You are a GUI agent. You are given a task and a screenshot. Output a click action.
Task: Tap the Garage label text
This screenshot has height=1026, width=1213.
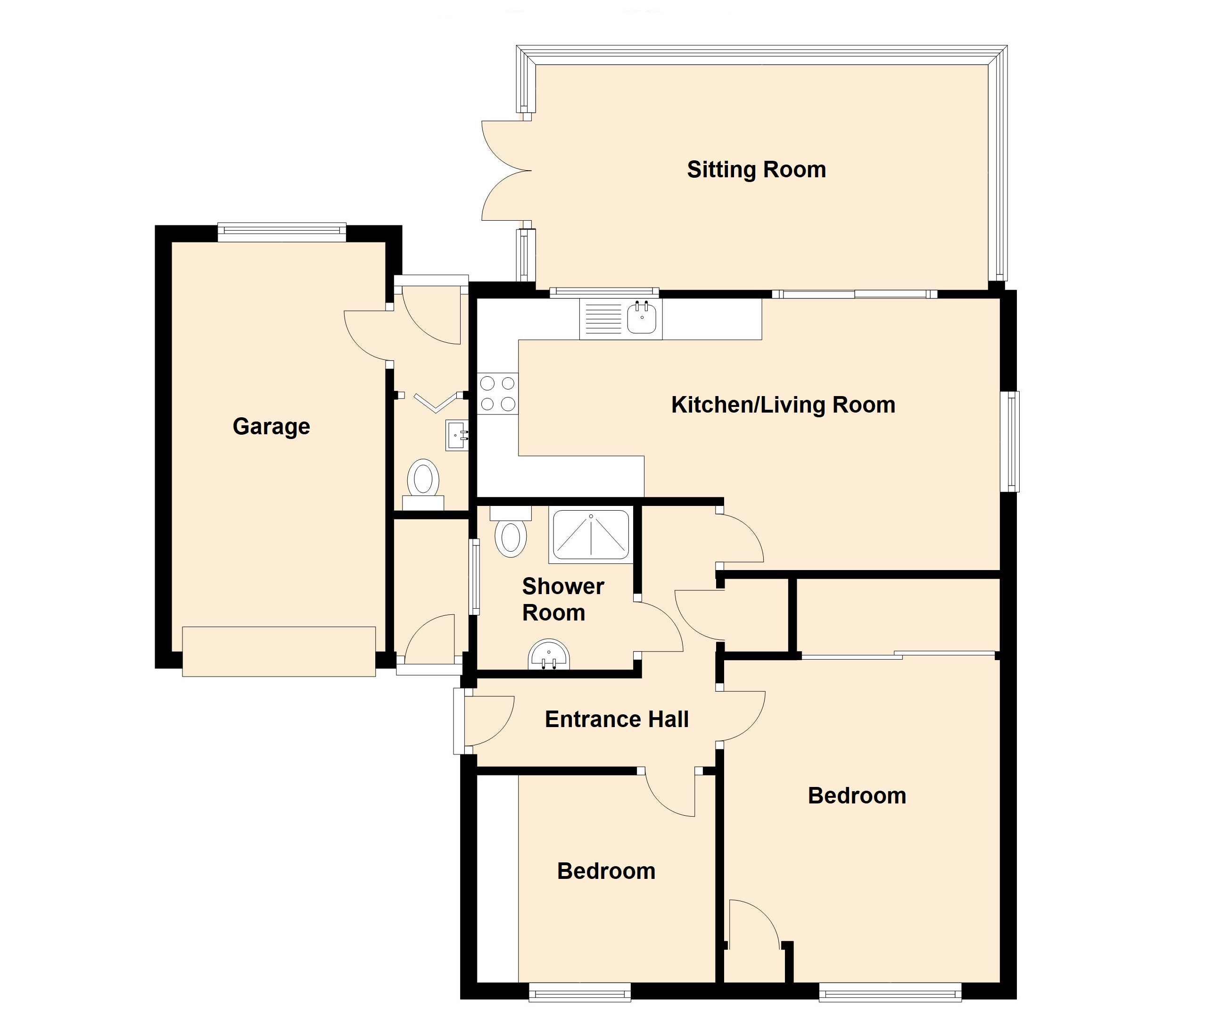tap(271, 426)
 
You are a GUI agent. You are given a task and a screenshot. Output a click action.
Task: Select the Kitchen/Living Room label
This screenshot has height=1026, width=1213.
tap(783, 405)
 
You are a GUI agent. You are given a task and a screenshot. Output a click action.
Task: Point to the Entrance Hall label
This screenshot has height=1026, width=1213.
tap(616, 720)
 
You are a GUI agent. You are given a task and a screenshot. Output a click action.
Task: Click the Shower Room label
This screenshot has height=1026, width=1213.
tap(563, 599)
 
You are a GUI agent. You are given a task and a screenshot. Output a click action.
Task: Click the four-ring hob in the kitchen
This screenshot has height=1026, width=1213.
tap(498, 393)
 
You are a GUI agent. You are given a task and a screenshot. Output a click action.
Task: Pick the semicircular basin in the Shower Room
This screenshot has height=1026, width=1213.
tap(548, 654)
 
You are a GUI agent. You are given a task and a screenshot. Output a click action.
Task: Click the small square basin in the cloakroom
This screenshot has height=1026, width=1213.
tap(457, 435)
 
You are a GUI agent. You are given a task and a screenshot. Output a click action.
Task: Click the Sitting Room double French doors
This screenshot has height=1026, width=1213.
tap(506, 170)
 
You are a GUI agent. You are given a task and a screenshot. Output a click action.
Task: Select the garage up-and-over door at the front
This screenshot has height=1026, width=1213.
tap(279, 652)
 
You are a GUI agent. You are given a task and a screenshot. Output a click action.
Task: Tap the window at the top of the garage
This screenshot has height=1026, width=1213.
tap(282, 232)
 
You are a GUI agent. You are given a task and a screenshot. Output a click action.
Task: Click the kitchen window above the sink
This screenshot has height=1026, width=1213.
tap(604, 292)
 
